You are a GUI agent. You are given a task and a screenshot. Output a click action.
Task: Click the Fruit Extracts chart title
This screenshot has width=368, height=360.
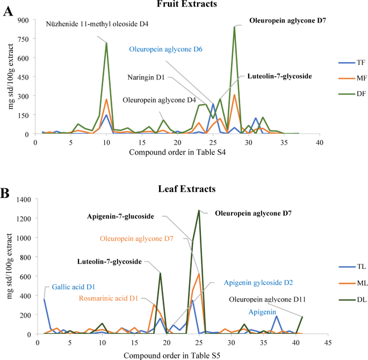click(x=183, y=4)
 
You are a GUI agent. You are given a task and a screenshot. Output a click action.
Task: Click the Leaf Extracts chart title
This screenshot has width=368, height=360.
click(x=184, y=189)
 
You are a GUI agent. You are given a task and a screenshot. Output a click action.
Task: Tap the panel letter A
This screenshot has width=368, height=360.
click(x=8, y=11)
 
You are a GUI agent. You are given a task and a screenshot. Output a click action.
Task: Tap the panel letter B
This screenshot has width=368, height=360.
click(x=8, y=192)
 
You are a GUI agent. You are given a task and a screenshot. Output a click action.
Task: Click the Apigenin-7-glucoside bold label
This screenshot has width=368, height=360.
click(x=121, y=217)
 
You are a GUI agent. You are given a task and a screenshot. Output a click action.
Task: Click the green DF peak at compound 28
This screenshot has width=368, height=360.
click(x=234, y=27)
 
